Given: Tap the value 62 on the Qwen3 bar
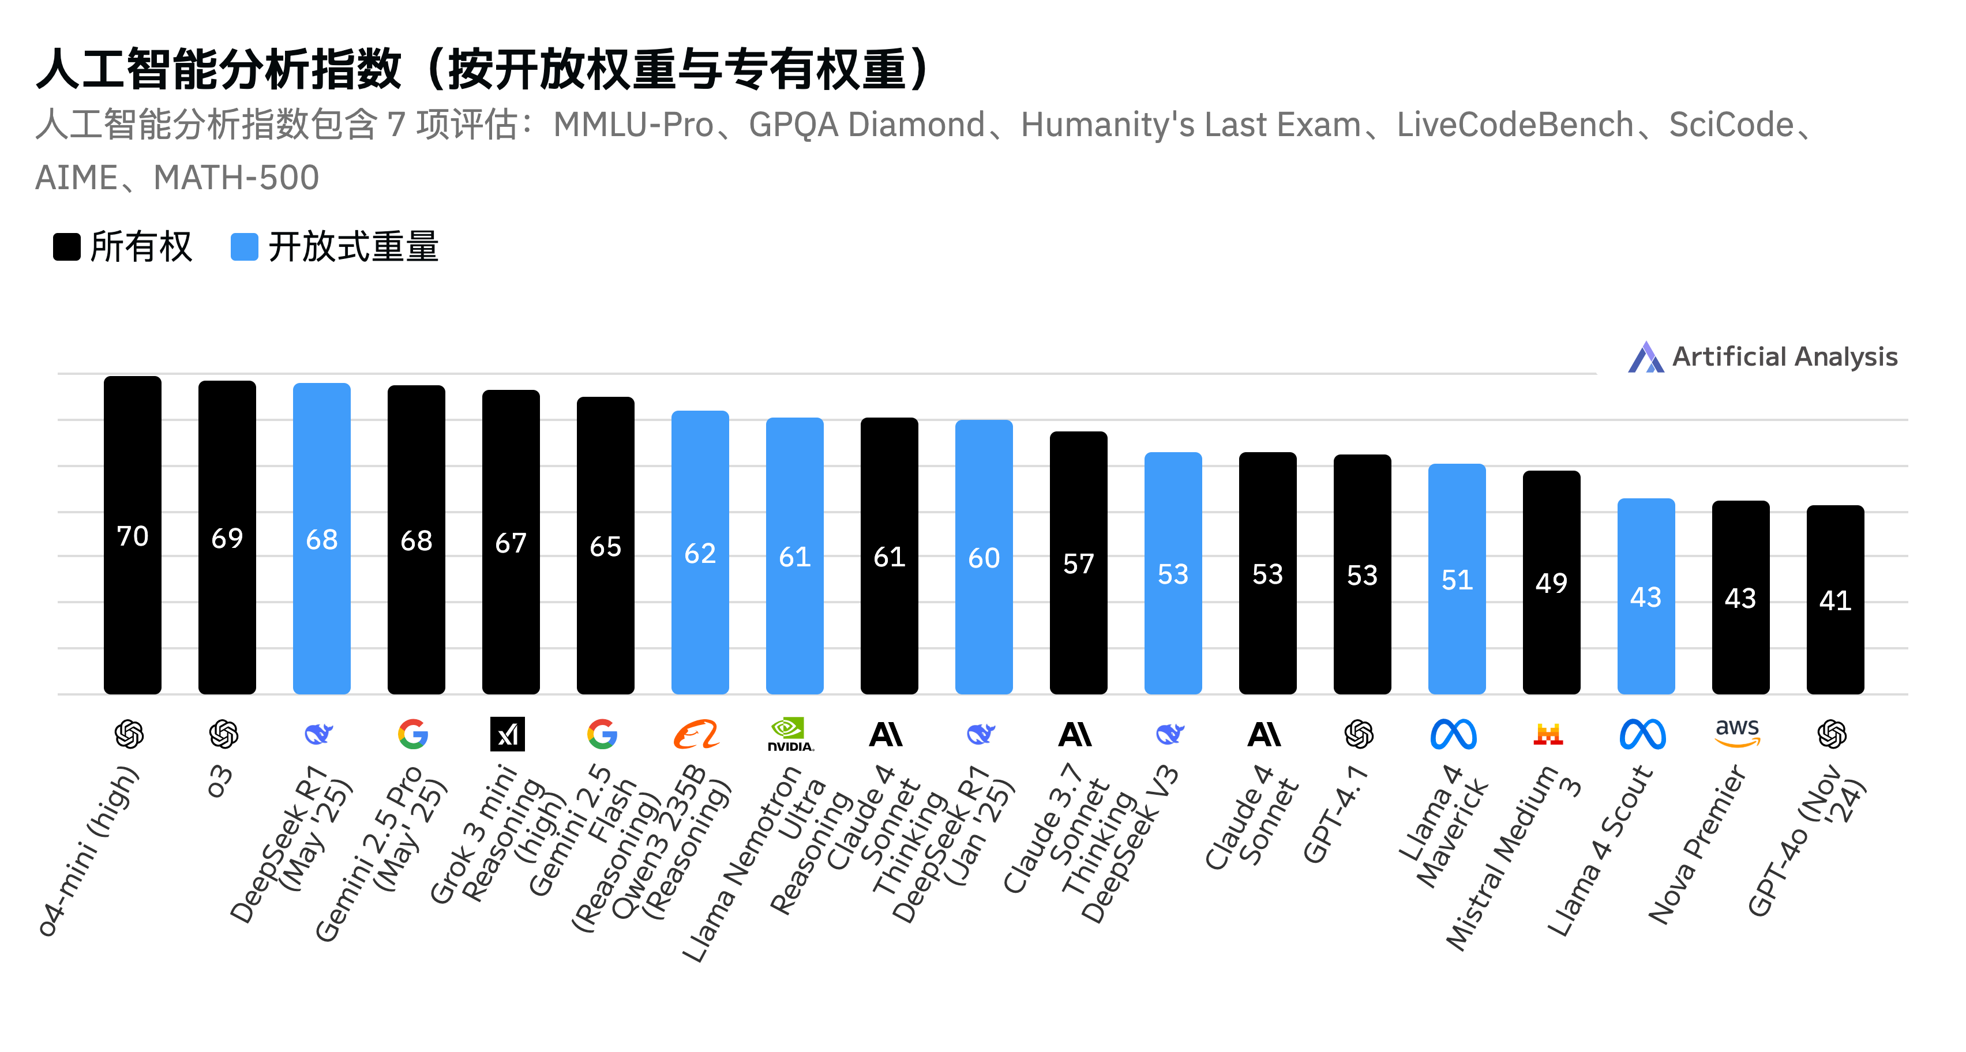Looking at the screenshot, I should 700,553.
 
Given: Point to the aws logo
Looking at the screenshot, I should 1737,732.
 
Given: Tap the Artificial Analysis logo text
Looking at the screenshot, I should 1784,357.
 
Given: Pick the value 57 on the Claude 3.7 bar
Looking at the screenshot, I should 1078,563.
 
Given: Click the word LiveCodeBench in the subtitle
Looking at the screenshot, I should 1514,125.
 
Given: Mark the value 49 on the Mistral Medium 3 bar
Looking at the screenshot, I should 1551,583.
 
